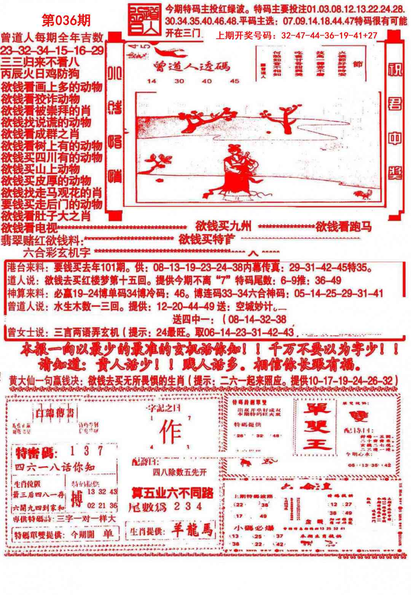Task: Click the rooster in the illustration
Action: coord(362,195)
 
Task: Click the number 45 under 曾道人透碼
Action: coord(234,81)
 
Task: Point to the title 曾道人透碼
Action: coord(192,66)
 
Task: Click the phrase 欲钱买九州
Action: coord(223,227)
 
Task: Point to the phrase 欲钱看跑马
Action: coord(343,227)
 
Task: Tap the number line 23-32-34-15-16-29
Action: coord(52,50)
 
